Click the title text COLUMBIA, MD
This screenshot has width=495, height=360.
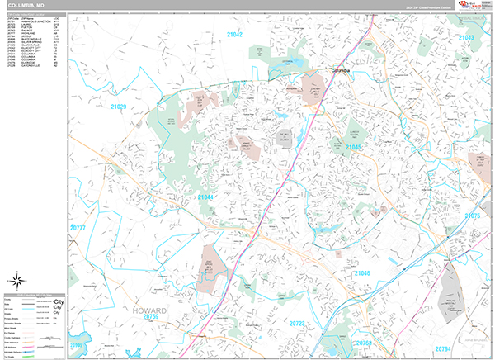coord(26,5)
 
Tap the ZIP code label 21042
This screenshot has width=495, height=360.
coord(234,35)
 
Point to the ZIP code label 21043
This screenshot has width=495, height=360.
coord(466,38)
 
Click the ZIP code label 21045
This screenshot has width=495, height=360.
coord(354,147)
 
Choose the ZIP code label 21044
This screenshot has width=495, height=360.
coord(205,197)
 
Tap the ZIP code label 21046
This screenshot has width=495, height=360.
coord(363,272)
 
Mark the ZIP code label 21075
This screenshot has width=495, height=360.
coord(472,216)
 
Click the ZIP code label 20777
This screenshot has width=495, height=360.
coord(78,227)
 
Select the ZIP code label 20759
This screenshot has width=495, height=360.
coord(150,316)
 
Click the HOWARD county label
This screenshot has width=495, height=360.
coord(149,309)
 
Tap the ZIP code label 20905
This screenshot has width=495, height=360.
coord(76,345)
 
